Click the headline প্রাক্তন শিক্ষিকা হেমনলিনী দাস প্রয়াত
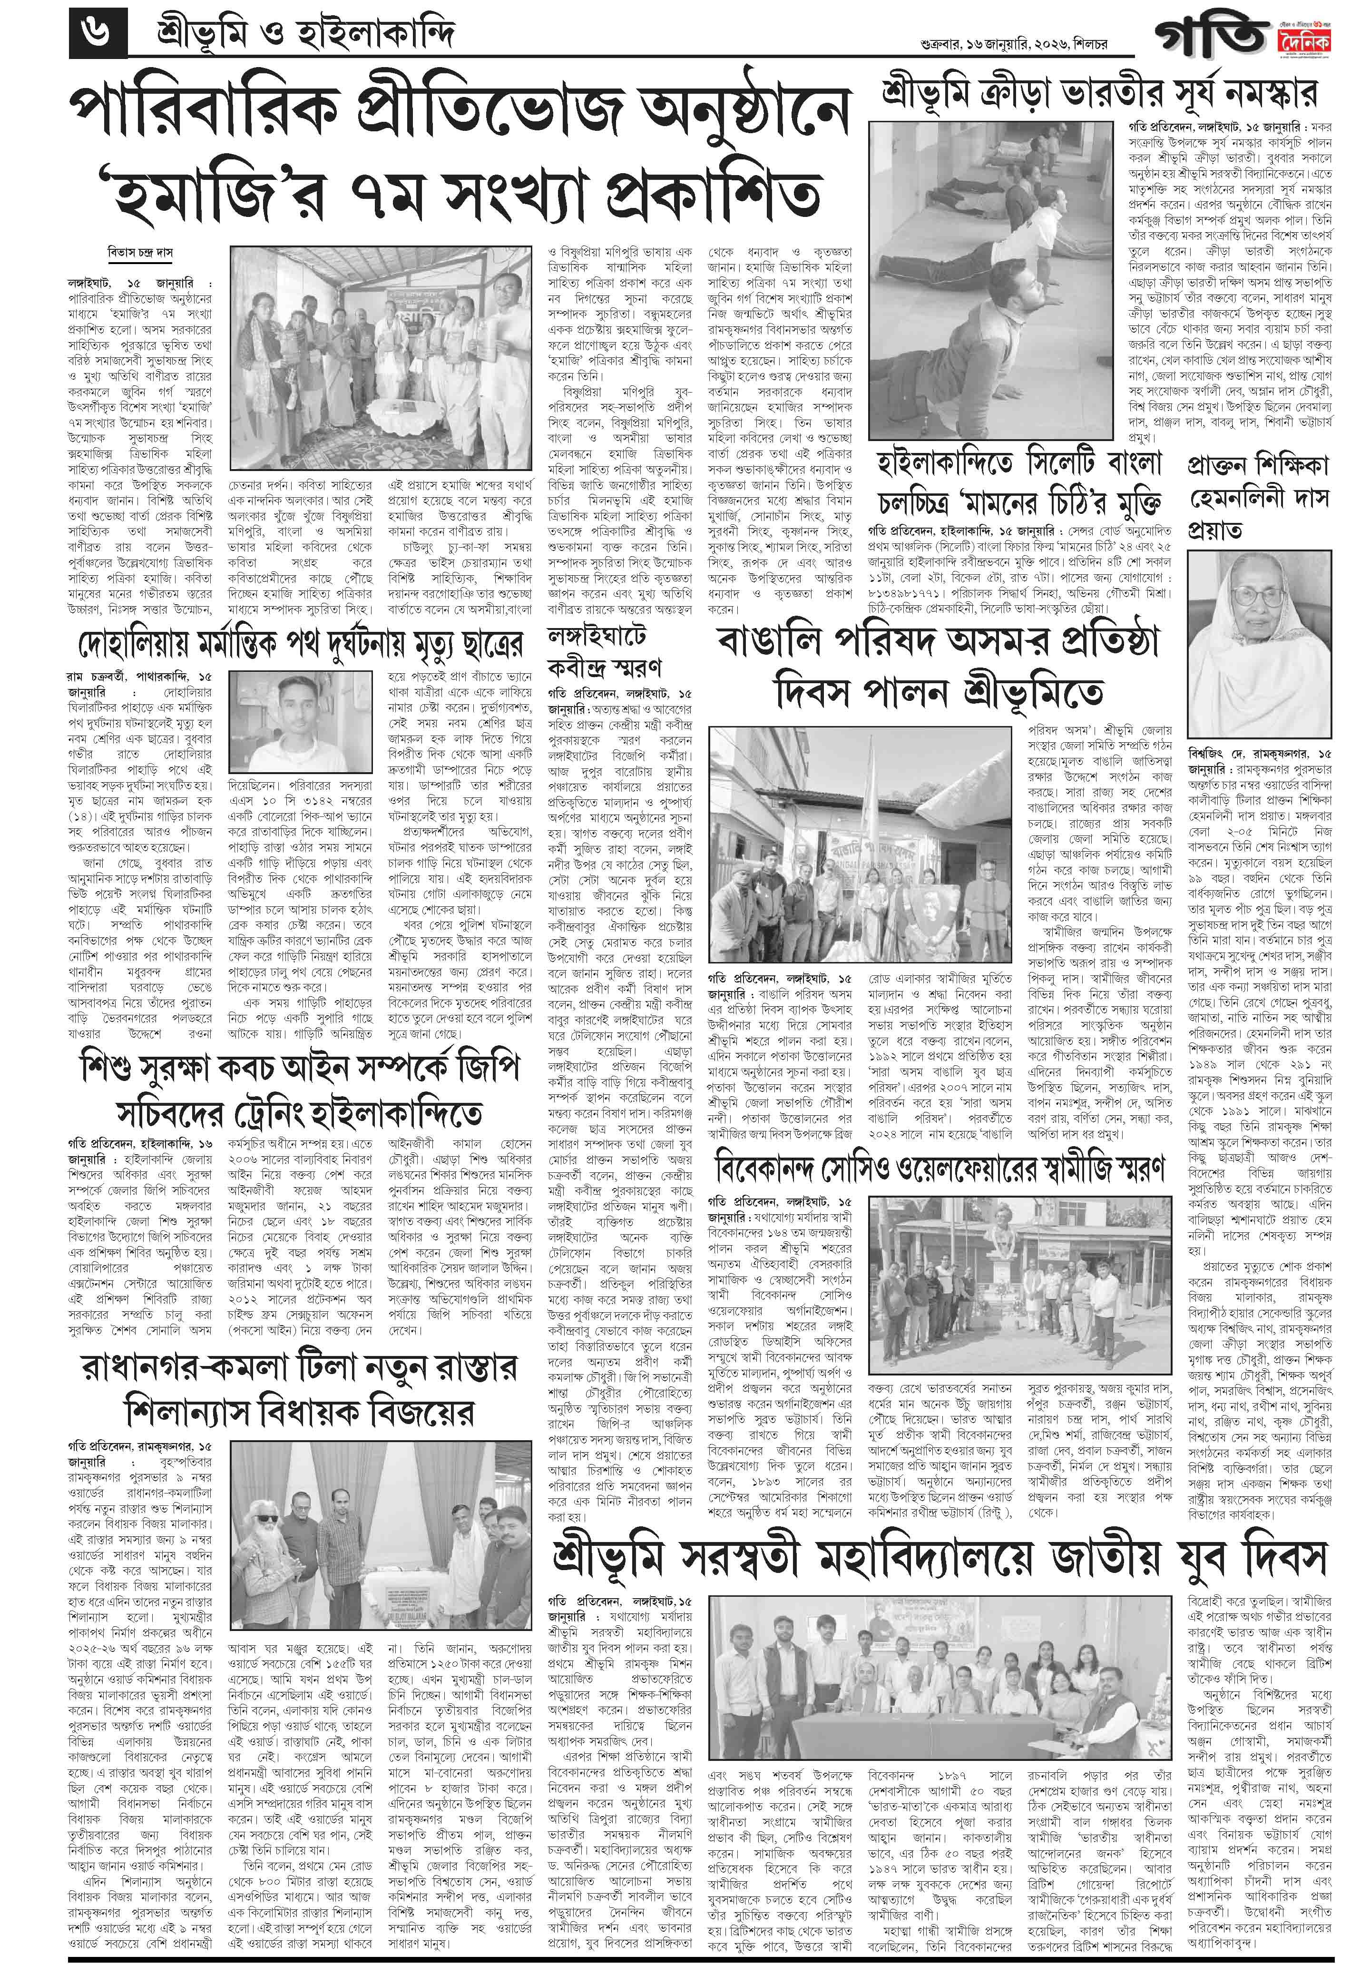pos(1258,496)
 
